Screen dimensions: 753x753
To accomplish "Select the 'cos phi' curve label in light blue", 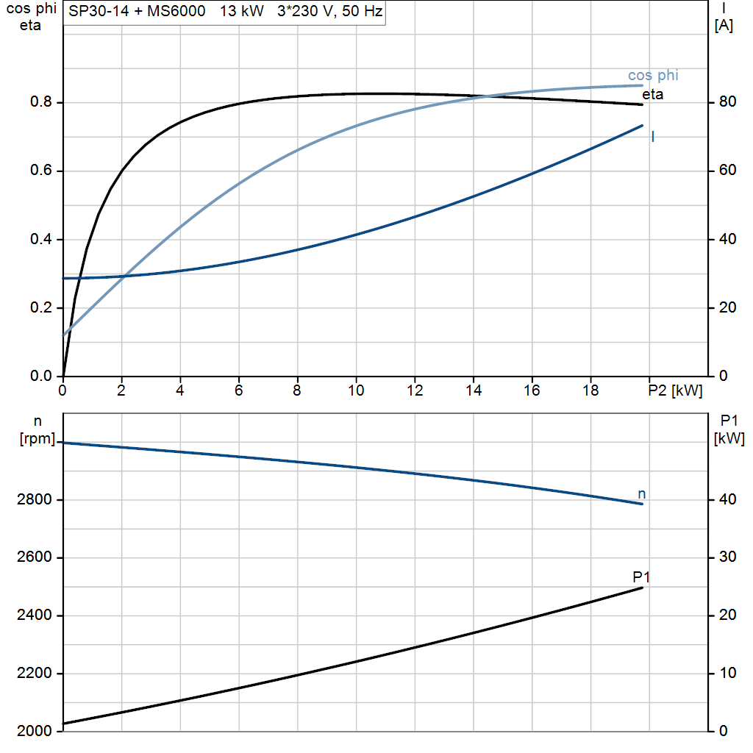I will (x=653, y=76).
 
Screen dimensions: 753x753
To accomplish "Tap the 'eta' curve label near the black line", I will (x=652, y=94).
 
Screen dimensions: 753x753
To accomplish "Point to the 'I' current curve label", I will (x=652, y=137).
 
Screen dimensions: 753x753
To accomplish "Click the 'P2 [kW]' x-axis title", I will (x=675, y=391).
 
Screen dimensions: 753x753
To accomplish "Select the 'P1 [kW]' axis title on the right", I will (x=729, y=430).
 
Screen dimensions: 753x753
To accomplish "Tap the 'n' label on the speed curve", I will (x=642, y=494).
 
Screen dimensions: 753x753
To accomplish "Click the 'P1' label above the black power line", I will (x=641, y=577).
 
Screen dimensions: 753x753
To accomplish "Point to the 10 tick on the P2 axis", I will (x=356, y=391).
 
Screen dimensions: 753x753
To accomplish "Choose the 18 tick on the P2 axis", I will (x=590, y=391).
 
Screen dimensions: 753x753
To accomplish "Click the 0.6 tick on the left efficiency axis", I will (x=41, y=171).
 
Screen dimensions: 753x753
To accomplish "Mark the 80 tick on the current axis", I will (x=725, y=102).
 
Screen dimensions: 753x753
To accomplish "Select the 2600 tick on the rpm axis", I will (x=33, y=558).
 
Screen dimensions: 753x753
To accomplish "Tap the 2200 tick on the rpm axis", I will (x=33, y=674).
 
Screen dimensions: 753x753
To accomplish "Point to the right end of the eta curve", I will (x=642, y=104).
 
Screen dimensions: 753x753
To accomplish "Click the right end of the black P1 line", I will (x=643, y=588).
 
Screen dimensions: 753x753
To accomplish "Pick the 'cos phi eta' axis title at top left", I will (x=30, y=18).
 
